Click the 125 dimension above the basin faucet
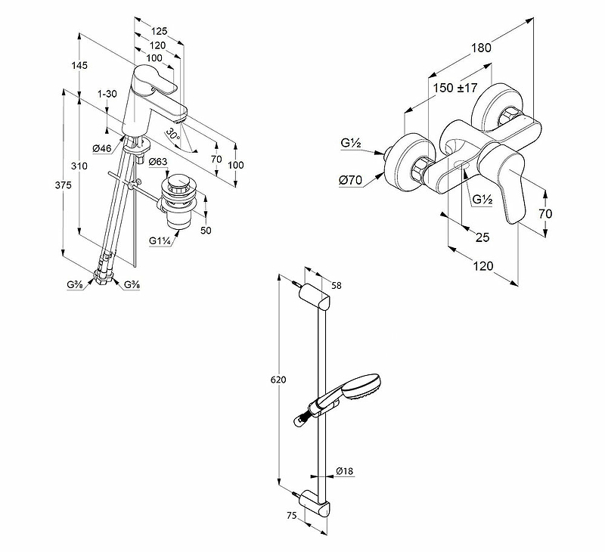click(158, 32)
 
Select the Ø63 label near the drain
click(158, 163)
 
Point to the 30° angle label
click(173, 135)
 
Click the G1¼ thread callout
click(160, 241)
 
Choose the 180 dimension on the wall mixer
click(481, 47)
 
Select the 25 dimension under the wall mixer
click(482, 237)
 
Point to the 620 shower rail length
click(279, 380)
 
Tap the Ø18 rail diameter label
click(346, 471)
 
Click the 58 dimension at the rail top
click(337, 285)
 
